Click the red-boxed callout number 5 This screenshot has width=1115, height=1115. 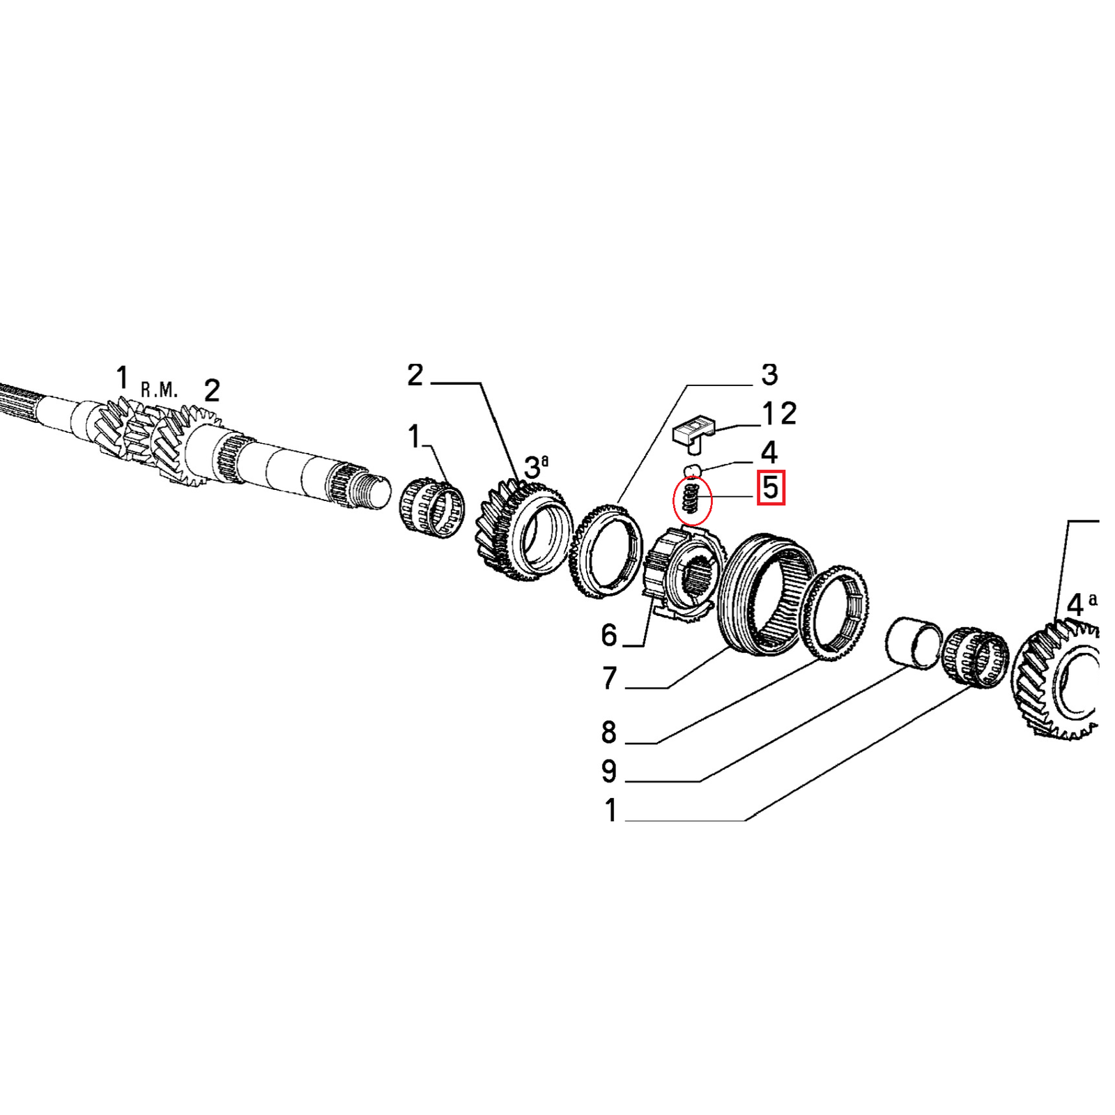pyautogui.click(x=771, y=487)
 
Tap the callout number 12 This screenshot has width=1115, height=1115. pyautogui.click(x=779, y=414)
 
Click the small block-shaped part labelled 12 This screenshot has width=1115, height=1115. pyautogui.click(x=693, y=431)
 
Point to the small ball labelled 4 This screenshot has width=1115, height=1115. pyautogui.click(x=691, y=470)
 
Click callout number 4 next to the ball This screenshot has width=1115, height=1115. pyautogui.click(x=769, y=453)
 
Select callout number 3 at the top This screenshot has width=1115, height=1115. pyautogui.click(x=769, y=375)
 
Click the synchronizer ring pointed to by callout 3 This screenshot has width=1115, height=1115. pyautogui.click(x=605, y=551)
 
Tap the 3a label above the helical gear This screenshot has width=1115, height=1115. pyautogui.click(x=535, y=466)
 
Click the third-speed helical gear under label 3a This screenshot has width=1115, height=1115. pyautogui.click(x=521, y=533)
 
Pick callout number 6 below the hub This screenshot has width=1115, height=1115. pyautogui.click(x=609, y=636)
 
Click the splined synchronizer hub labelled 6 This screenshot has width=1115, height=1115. pyautogui.click(x=683, y=575)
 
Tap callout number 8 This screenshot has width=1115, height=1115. pyautogui.click(x=609, y=732)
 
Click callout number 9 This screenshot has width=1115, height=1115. pyautogui.click(x=609, y=771)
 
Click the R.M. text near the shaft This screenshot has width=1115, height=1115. pyautogui.click(x=159, y=390)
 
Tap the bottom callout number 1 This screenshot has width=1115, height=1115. pyautogui.click(x=610, y=810)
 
